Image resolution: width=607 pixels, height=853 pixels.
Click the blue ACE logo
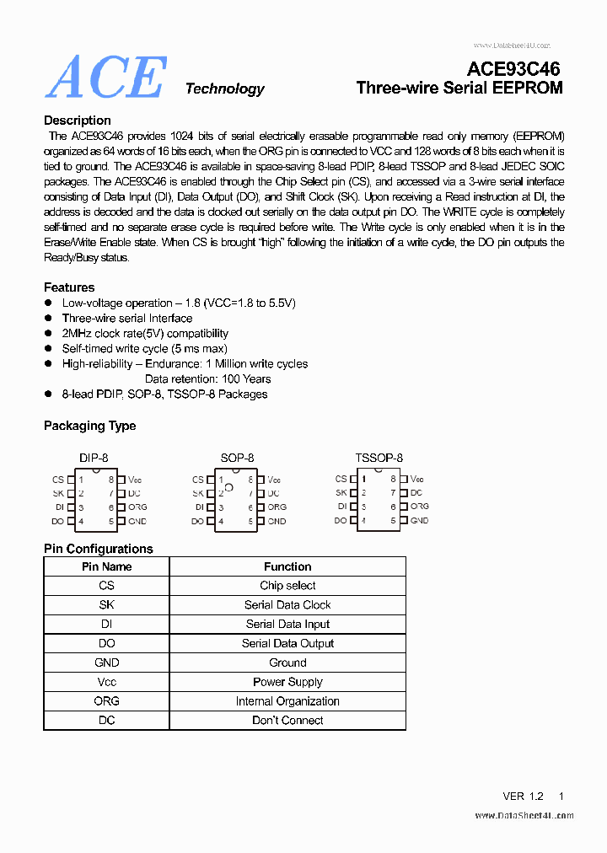tap(105, 78)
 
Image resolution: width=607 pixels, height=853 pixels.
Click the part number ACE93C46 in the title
tap(513, 69)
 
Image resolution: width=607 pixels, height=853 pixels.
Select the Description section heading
tap(78, 121)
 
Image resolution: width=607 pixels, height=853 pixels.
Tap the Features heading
tap(69, 287)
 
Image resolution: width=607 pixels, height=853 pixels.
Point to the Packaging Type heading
tap(89, 426)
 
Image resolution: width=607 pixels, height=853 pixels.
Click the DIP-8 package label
tap(94, 458)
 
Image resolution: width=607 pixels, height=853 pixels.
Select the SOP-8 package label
tap(237, 458)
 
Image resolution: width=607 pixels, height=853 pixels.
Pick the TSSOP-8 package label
tap(379, 458)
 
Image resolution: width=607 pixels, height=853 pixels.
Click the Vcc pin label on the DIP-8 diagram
tap(135, 480)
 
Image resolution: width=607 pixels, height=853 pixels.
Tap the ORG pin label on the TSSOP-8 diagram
tap(419, 507)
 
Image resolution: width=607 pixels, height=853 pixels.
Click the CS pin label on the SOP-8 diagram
tap(198, 480)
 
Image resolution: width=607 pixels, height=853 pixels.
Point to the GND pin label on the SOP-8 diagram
tap(277, 521)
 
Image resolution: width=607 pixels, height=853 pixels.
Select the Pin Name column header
tap(106, 566)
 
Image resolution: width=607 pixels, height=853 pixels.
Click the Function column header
tap(287, 566)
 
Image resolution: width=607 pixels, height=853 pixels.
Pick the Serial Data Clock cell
tap(287, 604)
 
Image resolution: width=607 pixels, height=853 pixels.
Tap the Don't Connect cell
tap(287, 720)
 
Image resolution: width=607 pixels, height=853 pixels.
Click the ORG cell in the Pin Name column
tap(106, 700)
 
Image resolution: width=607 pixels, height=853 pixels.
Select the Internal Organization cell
tap(287, 700)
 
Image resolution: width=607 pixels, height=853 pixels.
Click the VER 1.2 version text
tap(523, 796)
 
